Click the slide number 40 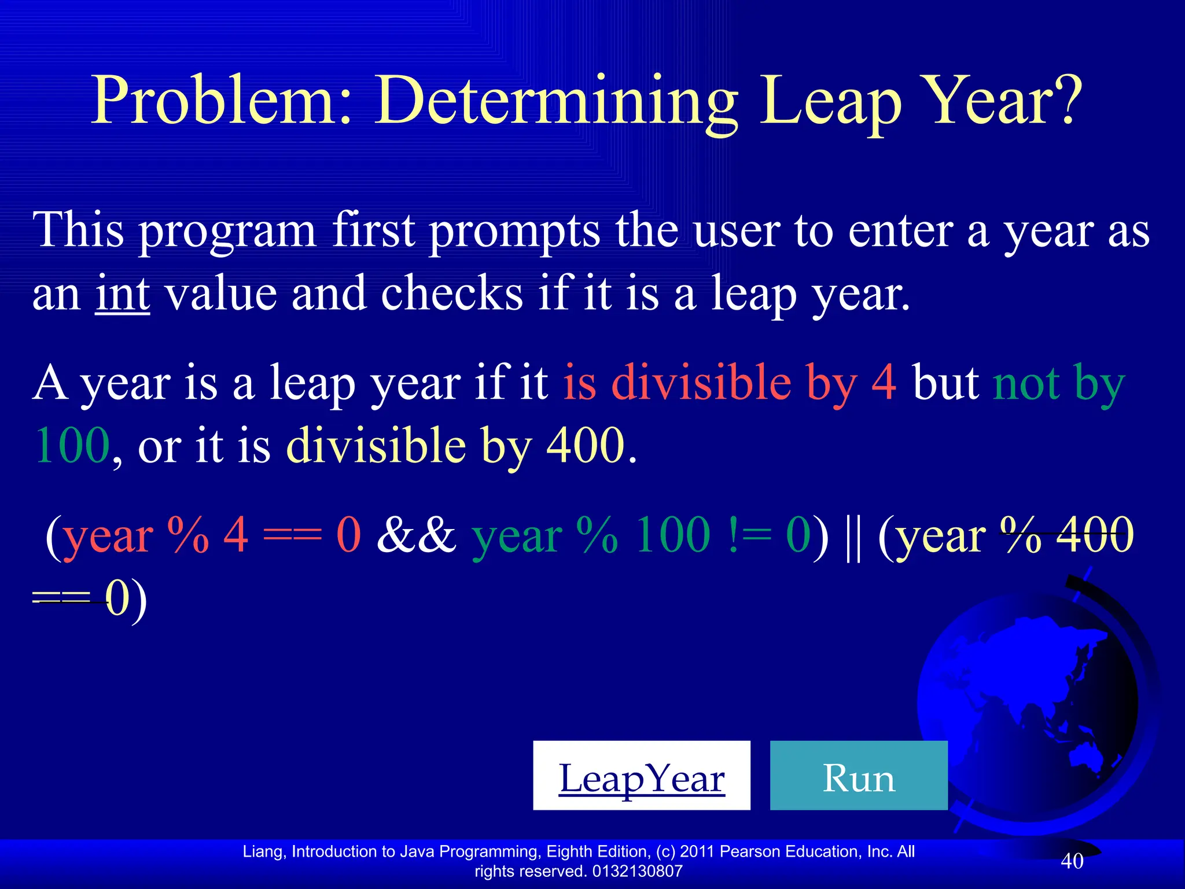1072,861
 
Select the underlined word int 123,294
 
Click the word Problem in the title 222,101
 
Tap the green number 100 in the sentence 72,446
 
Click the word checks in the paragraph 452,294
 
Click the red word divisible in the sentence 701,383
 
